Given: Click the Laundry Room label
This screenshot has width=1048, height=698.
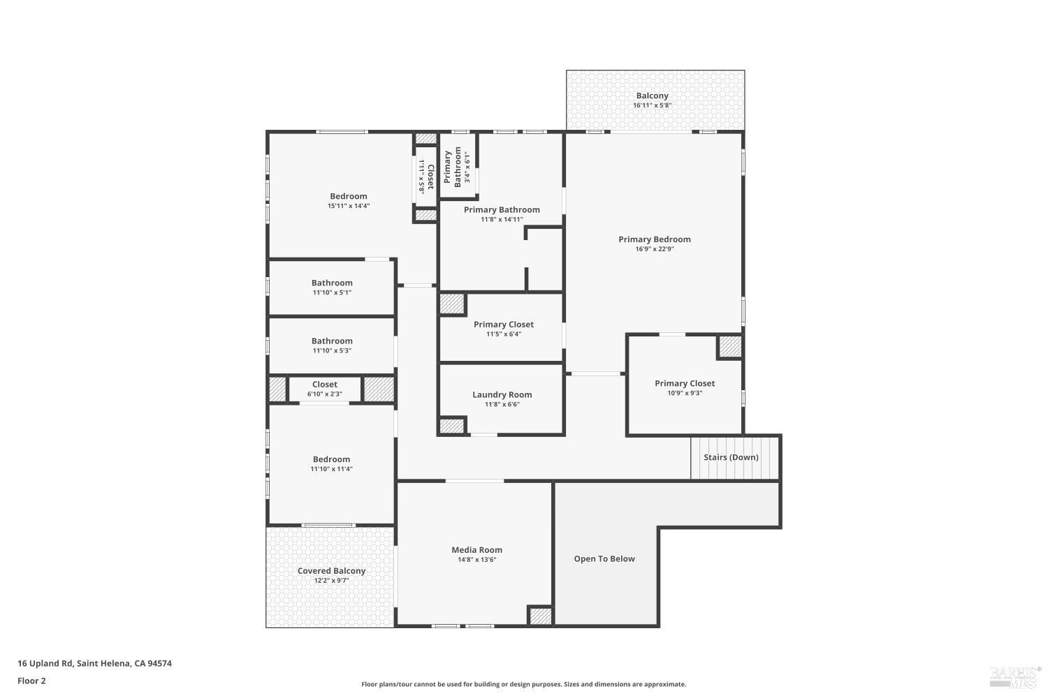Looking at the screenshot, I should pos(502,394).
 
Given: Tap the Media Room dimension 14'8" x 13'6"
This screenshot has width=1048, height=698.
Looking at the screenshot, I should pos(476,560).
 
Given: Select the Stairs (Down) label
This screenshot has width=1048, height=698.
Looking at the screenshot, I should pos(731,457).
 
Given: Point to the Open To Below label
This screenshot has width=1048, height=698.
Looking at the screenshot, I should pos(604,558).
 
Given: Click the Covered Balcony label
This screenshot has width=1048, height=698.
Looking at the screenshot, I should pos(331,571).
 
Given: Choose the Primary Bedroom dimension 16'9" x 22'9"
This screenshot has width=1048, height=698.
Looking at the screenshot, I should pos(654,249).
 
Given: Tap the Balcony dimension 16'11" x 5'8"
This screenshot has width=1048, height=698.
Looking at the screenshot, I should pos(652,105).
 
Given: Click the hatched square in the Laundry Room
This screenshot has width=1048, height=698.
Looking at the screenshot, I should pos(451,426).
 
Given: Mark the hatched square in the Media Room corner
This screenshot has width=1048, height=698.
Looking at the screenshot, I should pos(540,616).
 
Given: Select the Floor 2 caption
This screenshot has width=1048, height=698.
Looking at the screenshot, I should pos(31,681).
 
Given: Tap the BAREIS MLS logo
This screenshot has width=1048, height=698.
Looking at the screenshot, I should pos(1014,676).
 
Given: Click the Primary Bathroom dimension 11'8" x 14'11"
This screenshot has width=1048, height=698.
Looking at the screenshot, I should pos(502,219).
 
